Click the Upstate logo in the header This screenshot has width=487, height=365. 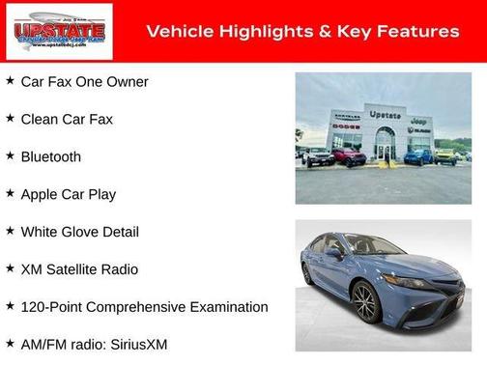(x=58, y=31)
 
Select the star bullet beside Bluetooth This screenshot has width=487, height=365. (x=10, y=155)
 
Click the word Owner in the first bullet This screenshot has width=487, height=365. (x=127, y=82)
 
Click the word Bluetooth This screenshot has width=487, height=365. (x=50, y=156)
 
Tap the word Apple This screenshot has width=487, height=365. (x=41, y=194)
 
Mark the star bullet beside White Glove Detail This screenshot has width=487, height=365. (x=10, y=231)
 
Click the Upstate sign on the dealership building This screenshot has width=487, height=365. (x=385, y=114)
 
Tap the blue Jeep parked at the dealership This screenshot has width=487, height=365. (x=417, y=155)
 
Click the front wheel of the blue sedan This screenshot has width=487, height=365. (x=366, y=304)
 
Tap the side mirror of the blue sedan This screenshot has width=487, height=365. (x=333, y=254)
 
